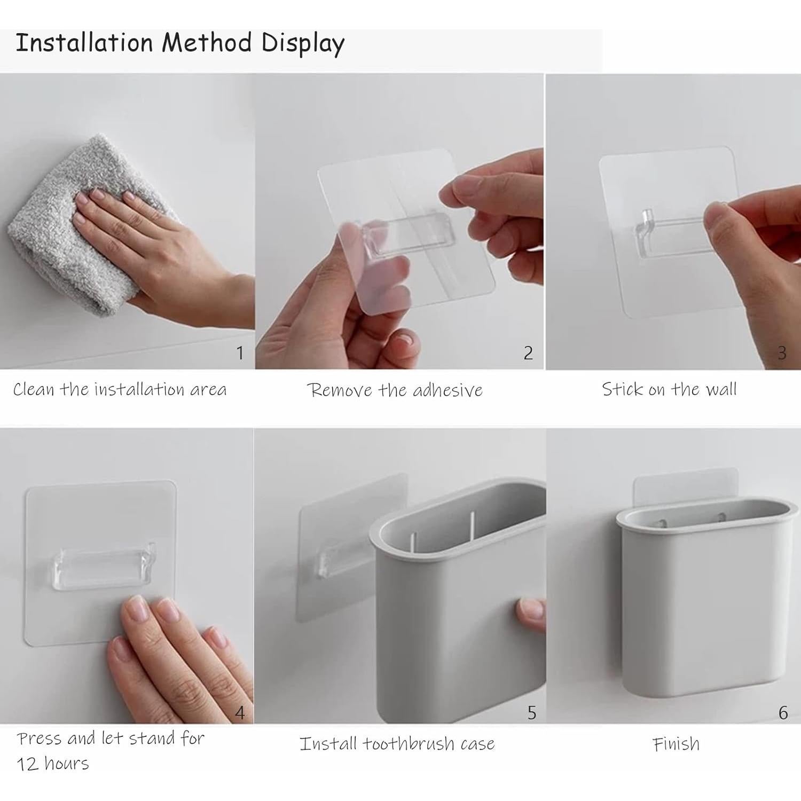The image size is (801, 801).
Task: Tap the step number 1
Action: click(240, 353)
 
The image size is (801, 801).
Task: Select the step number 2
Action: click(528, 353)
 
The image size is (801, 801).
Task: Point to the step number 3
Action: click(782, 353)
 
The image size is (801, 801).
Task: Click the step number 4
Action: click(240, 713)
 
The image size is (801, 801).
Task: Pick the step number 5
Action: click(532, 713)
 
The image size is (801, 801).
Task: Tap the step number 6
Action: click(783, 713)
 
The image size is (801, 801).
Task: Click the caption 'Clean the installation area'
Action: click(120, 389)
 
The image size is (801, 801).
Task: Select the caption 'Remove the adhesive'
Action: click(395, 390)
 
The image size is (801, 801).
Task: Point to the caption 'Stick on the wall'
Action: click(669, 389)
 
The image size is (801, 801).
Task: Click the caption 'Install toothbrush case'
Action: click(397, 744)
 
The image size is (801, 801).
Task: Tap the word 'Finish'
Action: click(676, 744)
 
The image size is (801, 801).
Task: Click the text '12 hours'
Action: click(53, 764)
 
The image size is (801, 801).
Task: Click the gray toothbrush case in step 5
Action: click(459, 598)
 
